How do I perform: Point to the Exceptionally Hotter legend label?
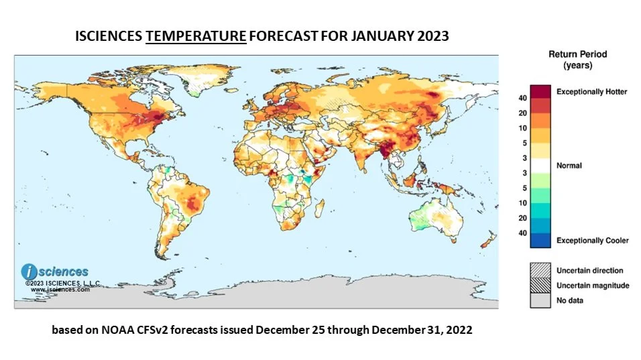pyautogui.click(x=592, y=91)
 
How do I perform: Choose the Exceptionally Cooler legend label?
pyautogui.click(x=593, y=240)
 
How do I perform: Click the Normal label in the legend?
pyautogui.click(x=570, y=166)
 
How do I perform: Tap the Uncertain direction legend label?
pyautogui.click(x=589, y=271)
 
